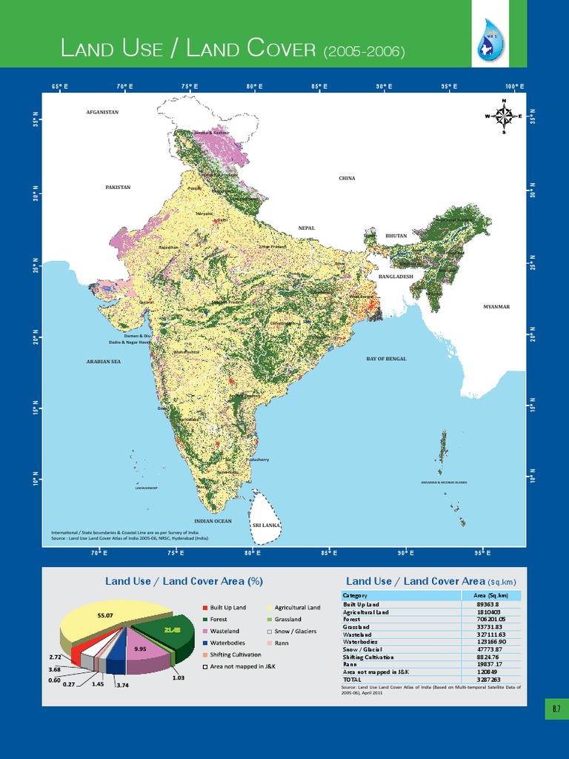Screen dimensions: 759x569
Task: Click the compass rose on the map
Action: coord(503,116)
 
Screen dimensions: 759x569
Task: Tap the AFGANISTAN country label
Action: coord(102,112)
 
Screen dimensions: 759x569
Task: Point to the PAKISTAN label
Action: coord(118,188)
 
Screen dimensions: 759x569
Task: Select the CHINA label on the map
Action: coord(347,179)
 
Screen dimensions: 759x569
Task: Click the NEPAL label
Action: coord(307,228)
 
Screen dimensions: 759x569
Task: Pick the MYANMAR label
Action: coord(496,306)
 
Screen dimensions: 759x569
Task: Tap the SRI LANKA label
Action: coord(266,525)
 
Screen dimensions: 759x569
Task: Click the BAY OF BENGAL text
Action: coord(386,359)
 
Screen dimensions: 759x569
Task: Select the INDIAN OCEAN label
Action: coord(213,521)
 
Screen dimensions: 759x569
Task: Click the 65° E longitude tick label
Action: coord(60,87)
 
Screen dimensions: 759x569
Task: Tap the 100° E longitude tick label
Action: coord(515,87)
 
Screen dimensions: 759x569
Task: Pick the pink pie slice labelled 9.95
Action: coord(140,649)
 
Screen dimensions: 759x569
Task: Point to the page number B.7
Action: coord(556,709)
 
